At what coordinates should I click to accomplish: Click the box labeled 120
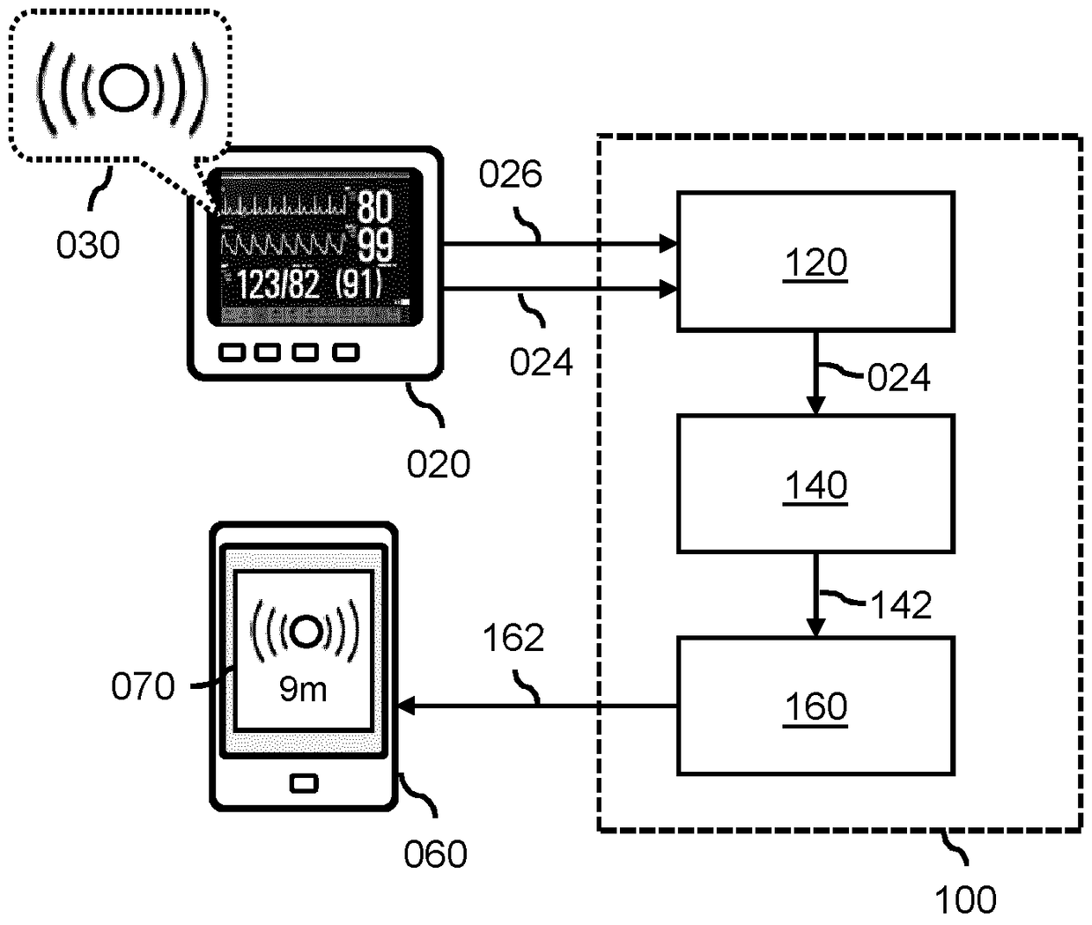(x=815, y=262)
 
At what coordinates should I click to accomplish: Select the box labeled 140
(x=815, y=484)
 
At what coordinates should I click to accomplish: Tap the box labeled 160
(x=815, y=706)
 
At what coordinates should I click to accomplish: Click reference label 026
(x=510, y=175)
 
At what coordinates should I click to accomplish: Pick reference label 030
(x=88, y=245)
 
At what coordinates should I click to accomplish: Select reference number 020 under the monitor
(x=439, y=463)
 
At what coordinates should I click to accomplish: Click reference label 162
(x=513, y=638)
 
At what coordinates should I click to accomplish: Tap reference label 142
(x=901, y=605)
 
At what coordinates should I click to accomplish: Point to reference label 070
(x=143, y=685)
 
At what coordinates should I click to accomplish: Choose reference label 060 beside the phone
(x=435, y=854)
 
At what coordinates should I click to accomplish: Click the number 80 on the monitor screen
(x=374, y=206)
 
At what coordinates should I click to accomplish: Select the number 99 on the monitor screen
(x=374, y=246)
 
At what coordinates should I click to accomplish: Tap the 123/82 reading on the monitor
(x=277, y=285)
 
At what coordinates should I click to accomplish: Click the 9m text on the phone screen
(x=303, y=689)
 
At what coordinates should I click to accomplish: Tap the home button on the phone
(x=303, y=782)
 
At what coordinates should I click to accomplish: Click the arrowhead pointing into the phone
(x=406, y=706)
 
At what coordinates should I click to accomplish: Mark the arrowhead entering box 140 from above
(x=815, y=406)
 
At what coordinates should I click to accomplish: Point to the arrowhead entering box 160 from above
(x=815, y=628)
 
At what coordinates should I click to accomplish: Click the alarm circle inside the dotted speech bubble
(x=122, y=85)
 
